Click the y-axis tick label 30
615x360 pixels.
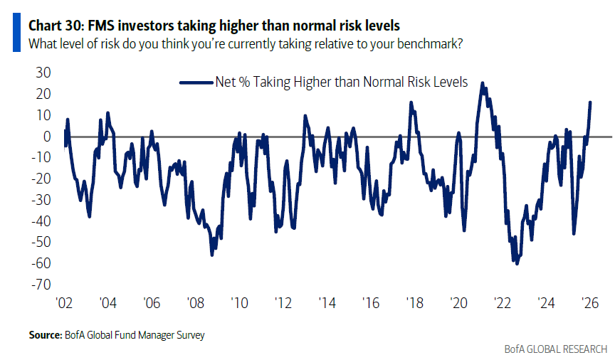(x=42, y=73)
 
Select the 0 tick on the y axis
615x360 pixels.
(x=46, y=136)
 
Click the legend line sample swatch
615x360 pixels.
(x=196, y=82)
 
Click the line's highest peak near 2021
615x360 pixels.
(x=483, y=83)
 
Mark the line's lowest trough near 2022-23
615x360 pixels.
(x=517, y=264)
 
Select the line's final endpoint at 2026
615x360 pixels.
(x=591, y=102)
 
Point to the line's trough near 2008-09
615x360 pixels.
(x=212, y=255)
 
